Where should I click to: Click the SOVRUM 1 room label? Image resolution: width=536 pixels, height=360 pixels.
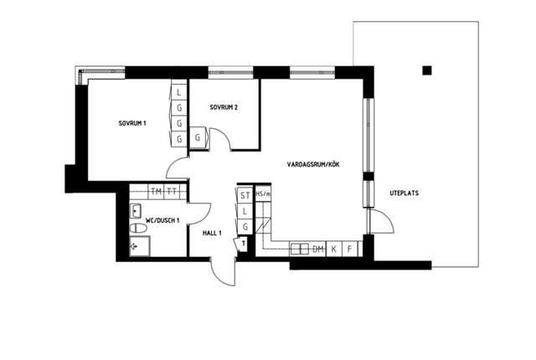coord(132,123)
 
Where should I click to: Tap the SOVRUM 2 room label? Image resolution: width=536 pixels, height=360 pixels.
coord(224,107)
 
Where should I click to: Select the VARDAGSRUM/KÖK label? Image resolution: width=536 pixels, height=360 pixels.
coord(313,165)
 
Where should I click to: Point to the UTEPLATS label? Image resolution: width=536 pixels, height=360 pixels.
coord(404,193)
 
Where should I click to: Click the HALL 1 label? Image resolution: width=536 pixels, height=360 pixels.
coord(212,234)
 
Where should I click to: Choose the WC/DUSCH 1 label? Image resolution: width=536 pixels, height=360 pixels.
coord(162,221)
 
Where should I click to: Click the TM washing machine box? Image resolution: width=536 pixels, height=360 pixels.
coord(157,192)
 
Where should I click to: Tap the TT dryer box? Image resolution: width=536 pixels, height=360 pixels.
coord(172,192)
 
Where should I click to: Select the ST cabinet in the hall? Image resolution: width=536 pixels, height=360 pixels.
coord(245,195)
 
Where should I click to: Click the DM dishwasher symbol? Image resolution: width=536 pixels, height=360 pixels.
coord(318,249)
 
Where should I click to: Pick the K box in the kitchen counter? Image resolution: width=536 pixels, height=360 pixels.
coord(333,249)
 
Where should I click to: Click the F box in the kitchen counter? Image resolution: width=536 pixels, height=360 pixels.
coord(349,249)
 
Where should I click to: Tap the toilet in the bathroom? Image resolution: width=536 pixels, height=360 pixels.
coord(138,228)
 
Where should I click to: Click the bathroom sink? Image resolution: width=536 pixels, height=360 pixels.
coord(136,211)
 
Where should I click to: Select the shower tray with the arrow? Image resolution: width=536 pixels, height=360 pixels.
coord(140,245)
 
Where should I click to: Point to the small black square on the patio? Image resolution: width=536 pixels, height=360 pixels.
coord(427,70)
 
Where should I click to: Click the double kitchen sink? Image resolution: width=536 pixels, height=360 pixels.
coord(300,249)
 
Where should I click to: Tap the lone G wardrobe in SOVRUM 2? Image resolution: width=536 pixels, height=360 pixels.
coord(198,137)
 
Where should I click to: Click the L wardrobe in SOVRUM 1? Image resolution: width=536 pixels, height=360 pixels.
coord(178,92)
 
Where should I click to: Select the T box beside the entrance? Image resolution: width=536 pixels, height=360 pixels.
coord(243,244)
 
